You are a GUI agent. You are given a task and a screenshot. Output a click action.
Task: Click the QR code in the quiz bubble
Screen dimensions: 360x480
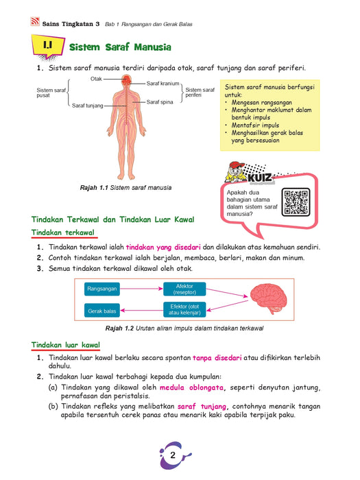(296, 202)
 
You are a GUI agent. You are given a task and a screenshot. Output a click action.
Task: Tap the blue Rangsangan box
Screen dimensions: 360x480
(102, 289)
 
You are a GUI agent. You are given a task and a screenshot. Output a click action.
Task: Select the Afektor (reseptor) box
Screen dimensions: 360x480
(184, 289)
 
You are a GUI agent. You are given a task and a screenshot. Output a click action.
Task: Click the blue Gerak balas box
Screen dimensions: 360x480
(102, 311)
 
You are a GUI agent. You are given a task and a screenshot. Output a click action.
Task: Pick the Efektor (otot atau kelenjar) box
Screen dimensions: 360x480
(184, 309)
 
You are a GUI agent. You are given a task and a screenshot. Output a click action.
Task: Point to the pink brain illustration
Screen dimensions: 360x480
(269, 298)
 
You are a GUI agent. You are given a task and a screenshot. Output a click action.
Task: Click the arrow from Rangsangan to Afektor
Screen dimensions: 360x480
(141, 289)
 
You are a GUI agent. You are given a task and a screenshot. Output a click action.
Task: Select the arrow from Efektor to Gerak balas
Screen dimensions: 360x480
(142, 311)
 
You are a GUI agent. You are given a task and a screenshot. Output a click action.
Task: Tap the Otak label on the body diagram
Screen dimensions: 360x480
(96, 79)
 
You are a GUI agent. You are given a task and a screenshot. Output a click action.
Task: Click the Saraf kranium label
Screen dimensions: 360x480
(163, 83)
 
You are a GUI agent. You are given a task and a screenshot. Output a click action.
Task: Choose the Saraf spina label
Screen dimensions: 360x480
(160, 102)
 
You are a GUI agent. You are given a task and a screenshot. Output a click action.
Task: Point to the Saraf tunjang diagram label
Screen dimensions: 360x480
(88, 106)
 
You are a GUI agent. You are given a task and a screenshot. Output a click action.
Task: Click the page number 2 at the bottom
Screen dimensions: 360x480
(173, 455)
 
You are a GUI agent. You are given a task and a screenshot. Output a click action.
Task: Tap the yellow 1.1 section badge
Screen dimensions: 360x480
(48, 47)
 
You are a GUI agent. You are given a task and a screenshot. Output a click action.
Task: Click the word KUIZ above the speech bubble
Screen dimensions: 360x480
(260, 178)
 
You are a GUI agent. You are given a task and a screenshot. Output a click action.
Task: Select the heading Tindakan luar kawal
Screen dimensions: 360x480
(66, 345)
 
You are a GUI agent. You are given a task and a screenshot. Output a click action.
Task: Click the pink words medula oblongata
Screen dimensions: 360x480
(191, 387)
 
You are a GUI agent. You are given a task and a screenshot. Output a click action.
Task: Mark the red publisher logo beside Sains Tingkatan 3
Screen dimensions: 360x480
(35, 21)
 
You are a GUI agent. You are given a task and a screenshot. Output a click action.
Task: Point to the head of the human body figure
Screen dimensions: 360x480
(126, 80)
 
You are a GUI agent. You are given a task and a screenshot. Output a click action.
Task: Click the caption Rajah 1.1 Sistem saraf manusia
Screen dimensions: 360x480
(125, 188)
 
